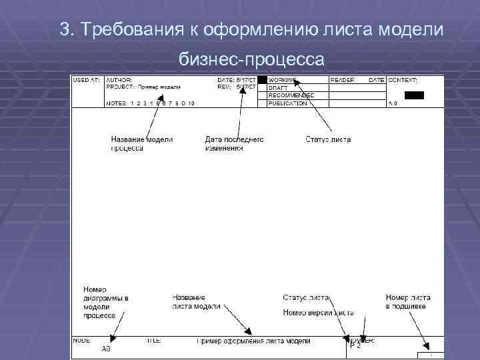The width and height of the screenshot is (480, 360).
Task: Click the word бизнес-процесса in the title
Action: tap(251, 60)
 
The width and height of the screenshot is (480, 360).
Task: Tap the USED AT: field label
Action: tap(86, 80)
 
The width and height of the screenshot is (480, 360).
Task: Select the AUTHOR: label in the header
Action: tap(119, 80)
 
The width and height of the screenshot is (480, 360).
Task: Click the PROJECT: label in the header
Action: tap(121, 87)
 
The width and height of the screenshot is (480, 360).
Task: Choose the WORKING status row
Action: tap(284, 80)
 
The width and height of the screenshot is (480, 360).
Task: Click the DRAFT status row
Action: tap(278, 87)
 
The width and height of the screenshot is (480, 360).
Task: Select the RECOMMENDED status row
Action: tap(291, 95)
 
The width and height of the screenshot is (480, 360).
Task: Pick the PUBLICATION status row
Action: tap(287, 103)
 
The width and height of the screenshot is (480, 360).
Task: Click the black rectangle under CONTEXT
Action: tap(414, 95)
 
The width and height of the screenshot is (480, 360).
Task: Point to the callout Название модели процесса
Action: tap(141, 144)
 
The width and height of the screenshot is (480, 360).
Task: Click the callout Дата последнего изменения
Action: tap(234, 144)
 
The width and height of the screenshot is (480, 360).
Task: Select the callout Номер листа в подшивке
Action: tap(407, 301)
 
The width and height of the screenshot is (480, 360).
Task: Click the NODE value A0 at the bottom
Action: tap(106, 349)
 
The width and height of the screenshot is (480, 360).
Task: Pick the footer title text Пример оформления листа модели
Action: tap(253, 341)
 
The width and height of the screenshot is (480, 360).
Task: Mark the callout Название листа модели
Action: tap(196, 301)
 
